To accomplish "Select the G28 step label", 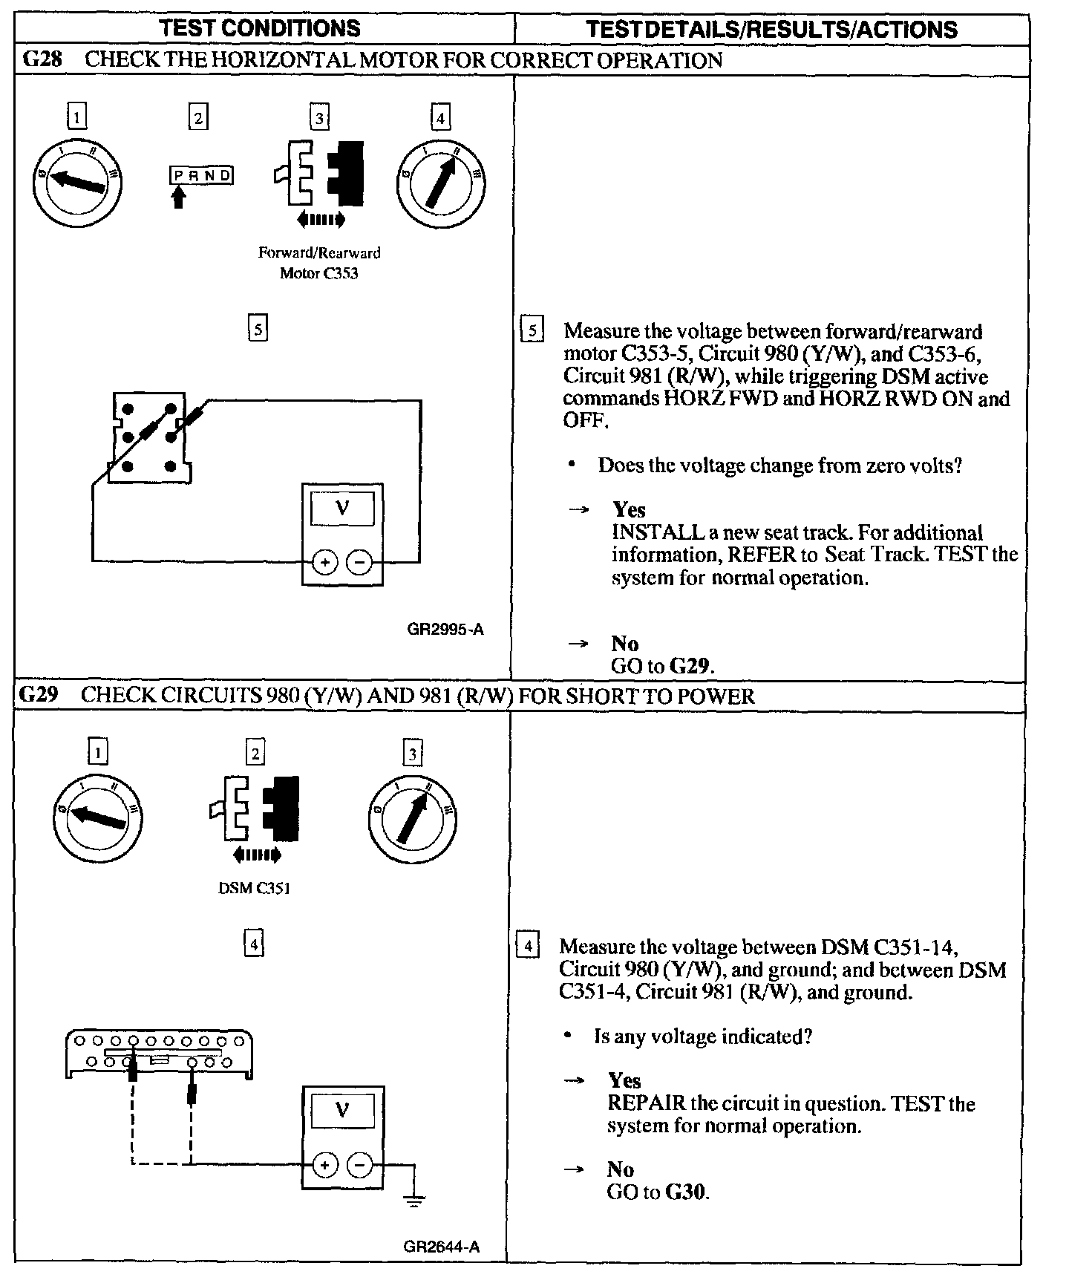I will click(x=42, y=60).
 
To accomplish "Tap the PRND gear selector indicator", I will click(x=201, y=176).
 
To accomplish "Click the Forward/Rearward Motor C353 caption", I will click(x=319, y=263).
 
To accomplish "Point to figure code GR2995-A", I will click(x=445, y=630).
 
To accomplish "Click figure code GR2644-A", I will click(x=442, y=1247).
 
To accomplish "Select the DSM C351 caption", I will click(x=254, y=888).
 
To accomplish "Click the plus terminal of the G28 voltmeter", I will click(x=324, y=563).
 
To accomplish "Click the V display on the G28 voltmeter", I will click(x=342, y=509).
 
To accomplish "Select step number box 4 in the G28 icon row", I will click(x=441, y=118).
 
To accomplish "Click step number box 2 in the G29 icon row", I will click(x=255, y=754).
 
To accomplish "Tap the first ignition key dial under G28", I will click(x=77, y=180).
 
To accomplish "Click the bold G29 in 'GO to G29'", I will click(x=690, y=666).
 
